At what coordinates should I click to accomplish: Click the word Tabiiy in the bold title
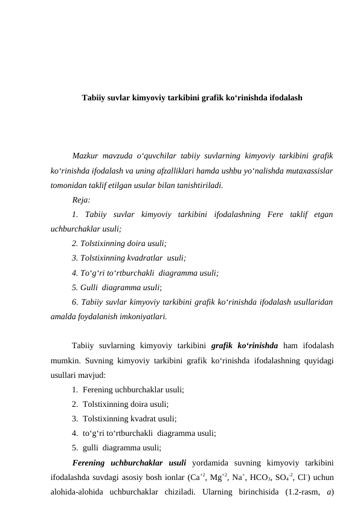[93, 97]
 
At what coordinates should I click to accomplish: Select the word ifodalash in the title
[284, 97]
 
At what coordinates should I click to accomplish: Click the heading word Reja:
[81, 199]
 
